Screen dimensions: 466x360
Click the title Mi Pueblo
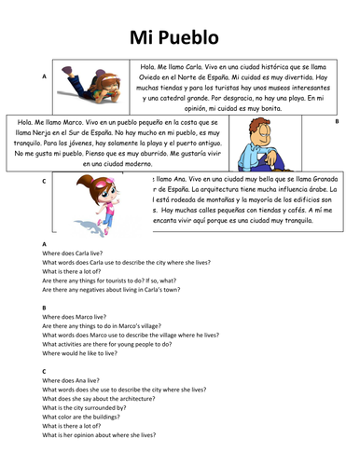pos(180,38)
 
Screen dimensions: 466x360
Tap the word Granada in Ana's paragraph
pos(312,177)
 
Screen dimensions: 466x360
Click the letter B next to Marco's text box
pos(337,122)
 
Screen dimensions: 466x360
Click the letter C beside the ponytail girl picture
pos(44,181)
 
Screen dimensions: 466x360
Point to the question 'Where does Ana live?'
pos(70,380)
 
